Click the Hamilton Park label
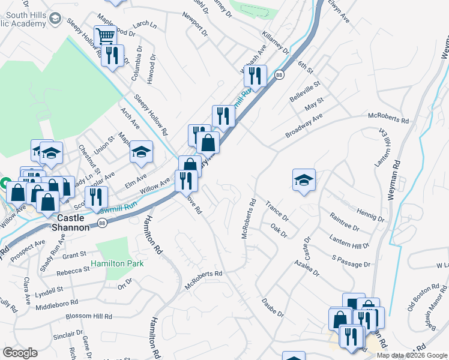118,263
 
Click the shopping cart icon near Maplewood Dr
105,35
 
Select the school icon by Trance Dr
304,179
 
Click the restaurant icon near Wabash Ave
256,76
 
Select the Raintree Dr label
345,222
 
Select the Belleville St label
322,89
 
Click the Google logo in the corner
20,353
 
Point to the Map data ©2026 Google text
411,355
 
